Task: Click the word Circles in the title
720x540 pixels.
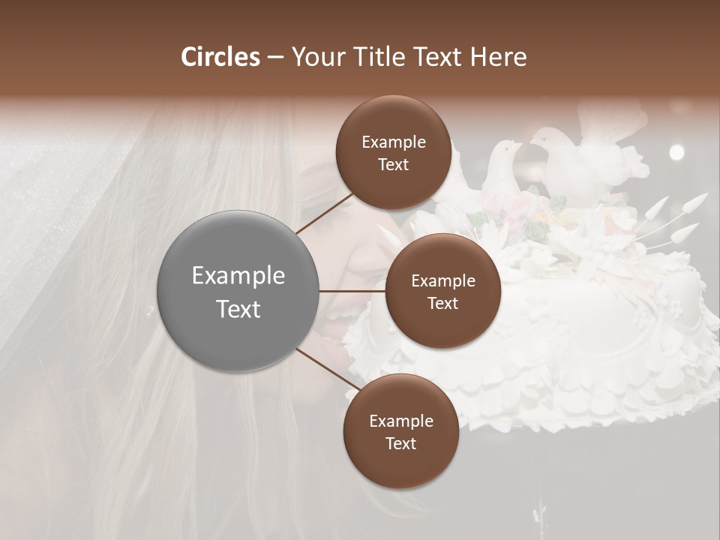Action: (x=220, y=57)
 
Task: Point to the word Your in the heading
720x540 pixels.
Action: (x=316, y=57)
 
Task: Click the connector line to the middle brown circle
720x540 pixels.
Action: (x=352, y=291)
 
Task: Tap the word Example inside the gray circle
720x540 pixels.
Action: (x=238, y=276)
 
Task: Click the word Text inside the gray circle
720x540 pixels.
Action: (x=238, y=309)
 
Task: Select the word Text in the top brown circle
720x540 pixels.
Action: (x=393, y=165)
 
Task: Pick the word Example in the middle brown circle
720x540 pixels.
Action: (x=443, y=280)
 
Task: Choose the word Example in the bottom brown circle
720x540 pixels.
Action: (x=401, y=421)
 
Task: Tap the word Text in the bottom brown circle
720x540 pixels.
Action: (x=401, y=443)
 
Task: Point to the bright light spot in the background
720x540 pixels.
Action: (x=676, y=152)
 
